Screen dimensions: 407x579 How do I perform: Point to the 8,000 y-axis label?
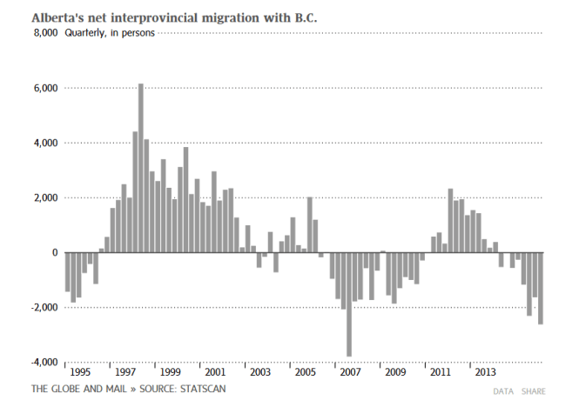tap(45, 33)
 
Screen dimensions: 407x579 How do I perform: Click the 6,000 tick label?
tap(45, 88)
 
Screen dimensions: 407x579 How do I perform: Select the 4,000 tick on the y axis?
tap(45, 143)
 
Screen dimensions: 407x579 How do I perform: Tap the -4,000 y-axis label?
tap(44, 362)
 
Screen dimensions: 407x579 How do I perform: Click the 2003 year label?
tap(259, 372)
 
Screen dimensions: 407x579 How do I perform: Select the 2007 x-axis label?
tap(349, 372)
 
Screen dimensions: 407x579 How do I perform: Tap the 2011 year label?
tap(440, 372)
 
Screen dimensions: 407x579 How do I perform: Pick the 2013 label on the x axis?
tap(485, 372)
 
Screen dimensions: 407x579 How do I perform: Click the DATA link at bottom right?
tap(503, 391)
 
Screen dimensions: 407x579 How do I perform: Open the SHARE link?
tap(534, 391)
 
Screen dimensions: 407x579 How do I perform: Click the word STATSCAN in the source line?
tap(202, 388)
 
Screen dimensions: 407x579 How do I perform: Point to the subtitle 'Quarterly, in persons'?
tap(109, 33)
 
